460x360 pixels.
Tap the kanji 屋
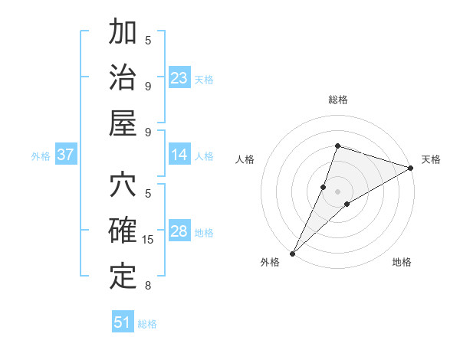123,123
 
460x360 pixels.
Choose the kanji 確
123,231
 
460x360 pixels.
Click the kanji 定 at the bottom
123,277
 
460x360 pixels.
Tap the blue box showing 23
179,78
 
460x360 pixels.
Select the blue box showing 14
179,155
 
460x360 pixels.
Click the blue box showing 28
179,232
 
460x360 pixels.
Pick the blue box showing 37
66,155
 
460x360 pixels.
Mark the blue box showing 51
123,322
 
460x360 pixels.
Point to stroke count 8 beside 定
148,286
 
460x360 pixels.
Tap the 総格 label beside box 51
147,324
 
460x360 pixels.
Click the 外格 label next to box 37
41,156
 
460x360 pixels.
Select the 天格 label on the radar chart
431,159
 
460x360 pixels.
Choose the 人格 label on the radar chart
245,159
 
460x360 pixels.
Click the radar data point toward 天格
411,168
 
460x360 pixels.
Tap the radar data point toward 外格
293,253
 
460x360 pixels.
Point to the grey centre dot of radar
337,191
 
